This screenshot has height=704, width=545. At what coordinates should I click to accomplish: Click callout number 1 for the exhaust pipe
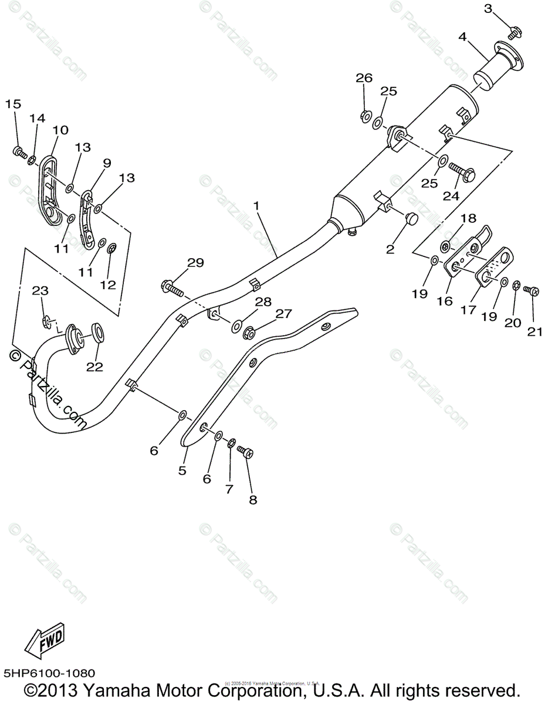(256, 206)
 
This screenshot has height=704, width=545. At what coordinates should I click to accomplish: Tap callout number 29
(195, 263)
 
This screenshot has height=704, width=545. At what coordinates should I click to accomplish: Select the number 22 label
(94, 367)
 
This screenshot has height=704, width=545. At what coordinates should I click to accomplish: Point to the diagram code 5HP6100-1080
(49, 673)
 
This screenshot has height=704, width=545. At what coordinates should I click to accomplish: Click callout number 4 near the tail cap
(463, 36)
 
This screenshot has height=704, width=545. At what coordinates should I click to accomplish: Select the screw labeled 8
(245, 452)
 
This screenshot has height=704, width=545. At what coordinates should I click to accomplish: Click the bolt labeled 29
(171, 287)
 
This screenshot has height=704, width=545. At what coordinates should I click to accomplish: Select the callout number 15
(13, 104)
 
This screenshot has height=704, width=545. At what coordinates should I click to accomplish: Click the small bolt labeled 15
(19, 153)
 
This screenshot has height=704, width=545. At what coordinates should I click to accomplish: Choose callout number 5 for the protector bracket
(182, 470)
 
